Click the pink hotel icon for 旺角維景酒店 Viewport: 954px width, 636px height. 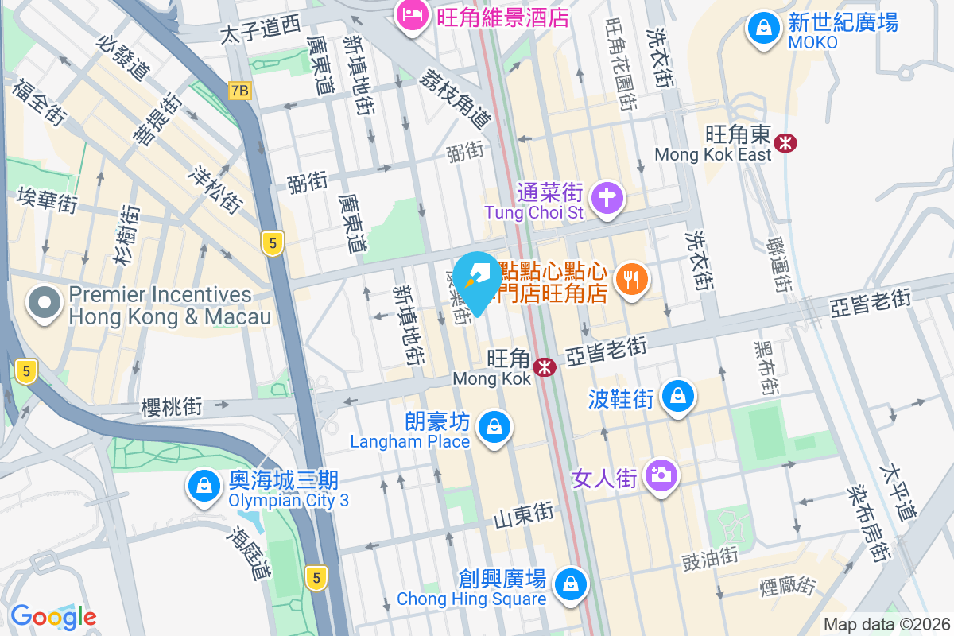pos(413,15)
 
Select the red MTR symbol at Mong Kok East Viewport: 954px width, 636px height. pos(786,143)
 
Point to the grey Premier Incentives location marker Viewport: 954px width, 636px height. pos(45,303)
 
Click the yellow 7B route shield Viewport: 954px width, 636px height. pos(239,91)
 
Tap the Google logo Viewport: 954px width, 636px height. pos(53,616)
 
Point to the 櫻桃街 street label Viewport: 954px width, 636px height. pos(171,407)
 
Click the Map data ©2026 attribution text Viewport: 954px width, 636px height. pos(886,624)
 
